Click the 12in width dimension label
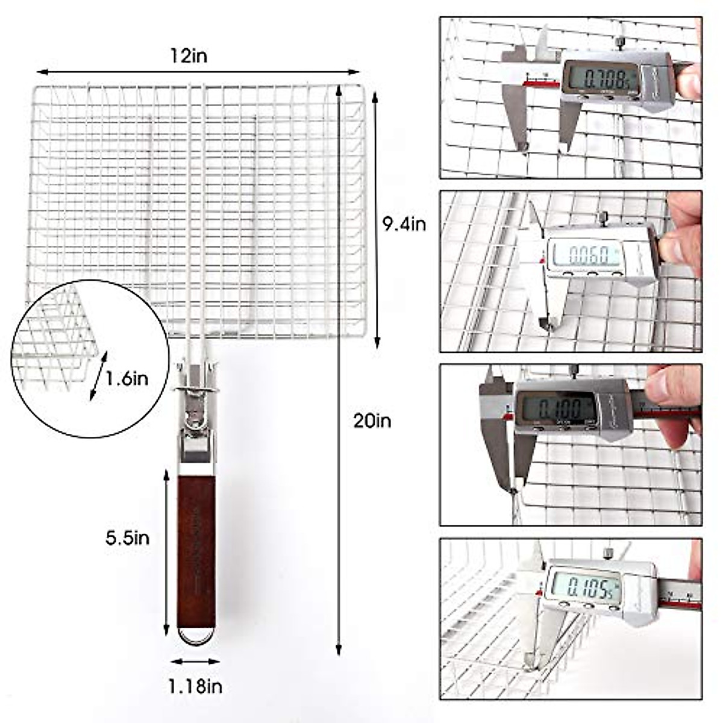(x=188, y=56)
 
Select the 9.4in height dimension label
(x=404, y=224)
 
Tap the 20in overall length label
(x=372, y=421)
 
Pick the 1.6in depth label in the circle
(x=127, y=379)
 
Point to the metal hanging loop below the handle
(x=196, y=636)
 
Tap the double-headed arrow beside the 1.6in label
(x=98, y=376)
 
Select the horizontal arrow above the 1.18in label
(x=195, y=662)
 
